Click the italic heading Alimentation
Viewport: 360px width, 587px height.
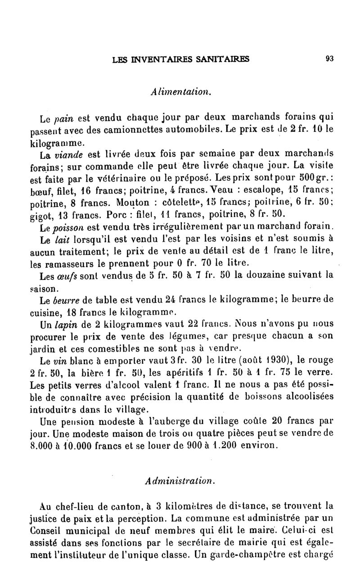180,92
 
